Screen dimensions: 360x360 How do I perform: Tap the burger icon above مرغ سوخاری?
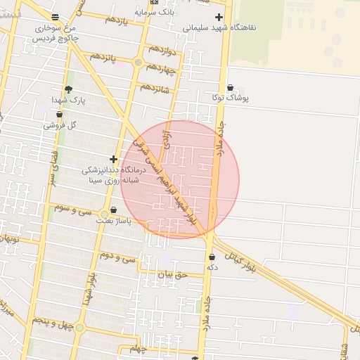point(56,17)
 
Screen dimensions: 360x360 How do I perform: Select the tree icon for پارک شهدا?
point(68,89)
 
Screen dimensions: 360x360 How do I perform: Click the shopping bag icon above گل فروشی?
point(59,114)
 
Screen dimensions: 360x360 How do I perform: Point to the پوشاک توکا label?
point(230,99)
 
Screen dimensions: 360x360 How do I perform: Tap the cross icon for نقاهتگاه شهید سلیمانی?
point(219,17)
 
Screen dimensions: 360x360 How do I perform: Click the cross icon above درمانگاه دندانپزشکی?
point(113,159)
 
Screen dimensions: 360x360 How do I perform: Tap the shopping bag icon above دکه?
point(212,257)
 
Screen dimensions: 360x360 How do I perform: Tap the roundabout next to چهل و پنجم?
point(79,328)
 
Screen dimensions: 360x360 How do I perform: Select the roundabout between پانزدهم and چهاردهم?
point(139,63)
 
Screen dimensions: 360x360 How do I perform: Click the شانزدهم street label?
point(155,88)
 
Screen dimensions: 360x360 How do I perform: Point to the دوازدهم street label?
point(161,49)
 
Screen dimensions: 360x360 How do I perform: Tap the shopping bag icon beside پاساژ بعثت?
point(113,210)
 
